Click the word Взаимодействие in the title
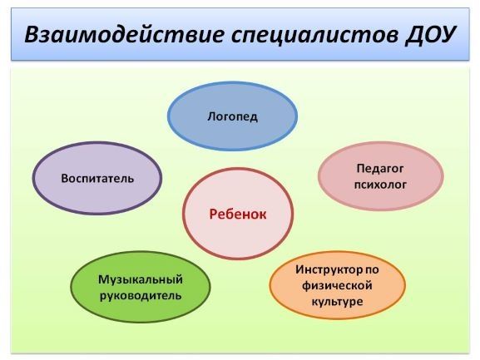(124, 33)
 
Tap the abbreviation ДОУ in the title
(430, 35)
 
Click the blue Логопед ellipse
(232, 116)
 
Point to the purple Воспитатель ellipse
(97, 178)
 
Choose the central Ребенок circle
(238, 214)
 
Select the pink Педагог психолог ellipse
(380, 176)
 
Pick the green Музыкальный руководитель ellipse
(141, 287)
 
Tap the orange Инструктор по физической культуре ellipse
(338, 285)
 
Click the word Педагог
(380, 169)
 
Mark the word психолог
(380, 185)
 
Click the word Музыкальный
(141, 279)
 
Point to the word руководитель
(141, 296)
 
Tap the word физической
(337, 286)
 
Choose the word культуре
(338, 302)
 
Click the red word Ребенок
(238, 215)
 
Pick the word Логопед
(232, 116)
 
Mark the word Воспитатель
(97, 178)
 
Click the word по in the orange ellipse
(372, 270)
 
